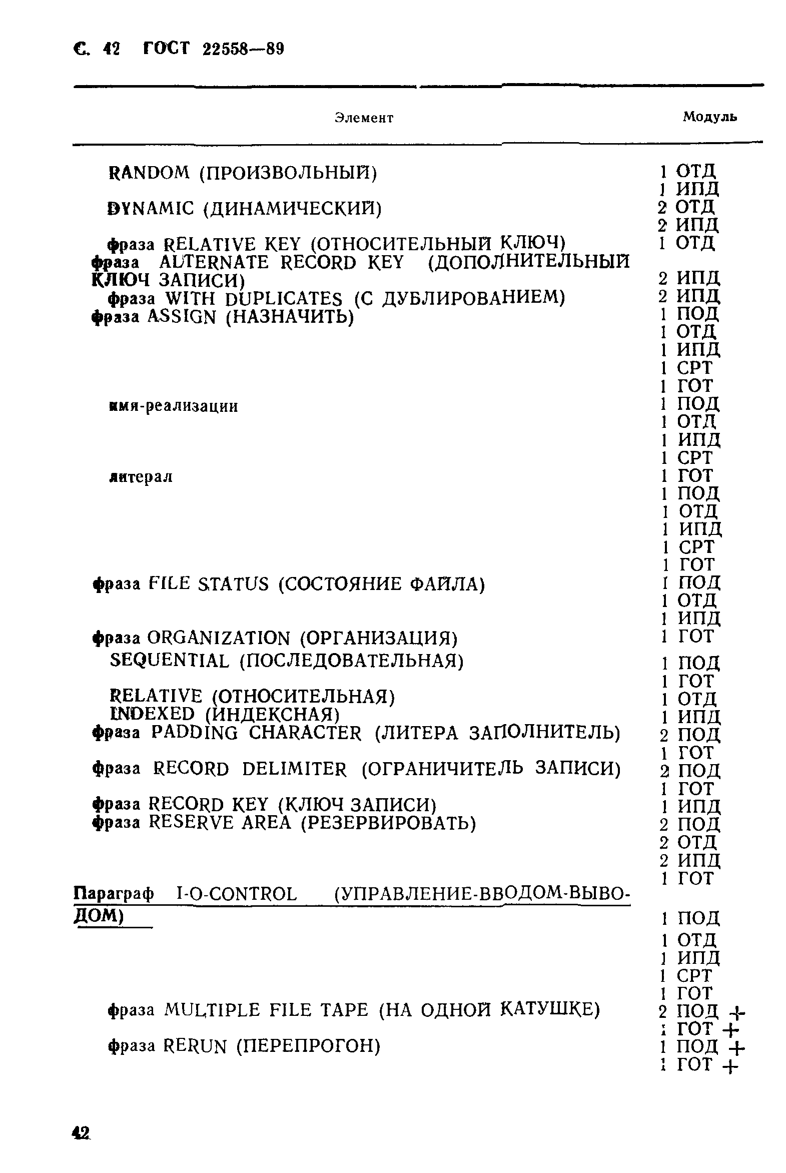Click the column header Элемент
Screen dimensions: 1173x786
(364, 118)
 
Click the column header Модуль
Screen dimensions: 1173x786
(710, 117)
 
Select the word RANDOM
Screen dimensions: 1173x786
(149, 173)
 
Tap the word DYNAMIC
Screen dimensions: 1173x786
(151, 209)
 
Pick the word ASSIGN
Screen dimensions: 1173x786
(182, 317)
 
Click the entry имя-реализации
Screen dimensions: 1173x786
(174, 406)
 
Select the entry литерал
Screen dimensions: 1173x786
(141, 477)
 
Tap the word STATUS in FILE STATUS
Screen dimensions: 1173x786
(233, 584)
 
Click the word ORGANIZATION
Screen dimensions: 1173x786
(219, 639)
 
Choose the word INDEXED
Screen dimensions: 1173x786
(152, 714)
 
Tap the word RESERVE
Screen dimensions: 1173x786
(191, 823)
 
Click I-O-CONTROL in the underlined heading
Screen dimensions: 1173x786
(237, 894)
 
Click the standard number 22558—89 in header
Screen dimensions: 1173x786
(243, 49)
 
